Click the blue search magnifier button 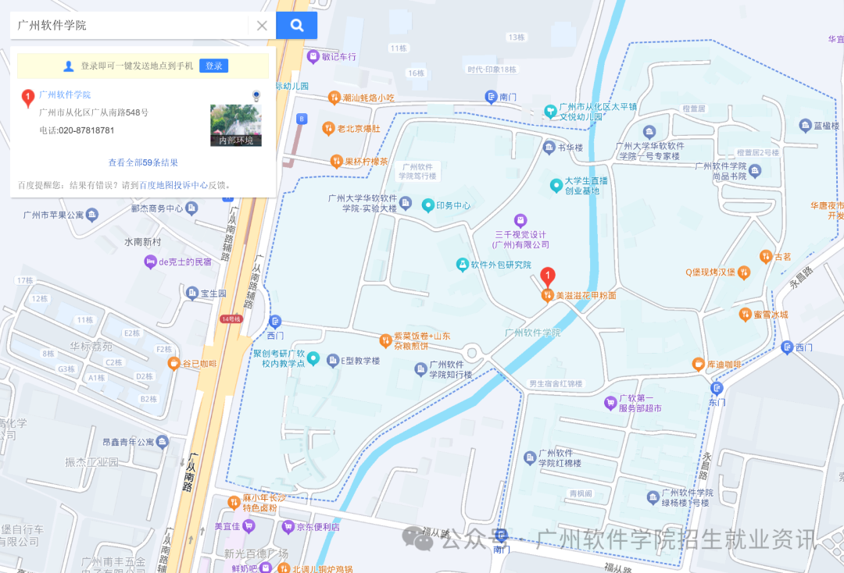[296, 25]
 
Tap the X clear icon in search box [262, 26]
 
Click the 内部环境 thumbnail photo [236, 125]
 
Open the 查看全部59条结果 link [143, 163]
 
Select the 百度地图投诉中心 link [173, 186]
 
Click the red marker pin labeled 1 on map [548, 276]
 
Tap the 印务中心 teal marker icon [428, 205]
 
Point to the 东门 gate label [717, 402]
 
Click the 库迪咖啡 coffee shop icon [698, 365]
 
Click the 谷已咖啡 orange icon [173, 364]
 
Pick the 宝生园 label [213, 294]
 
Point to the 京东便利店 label [318, 527]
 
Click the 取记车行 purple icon [314, 56]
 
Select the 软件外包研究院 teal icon [463, 265]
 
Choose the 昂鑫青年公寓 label [129, 442]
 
